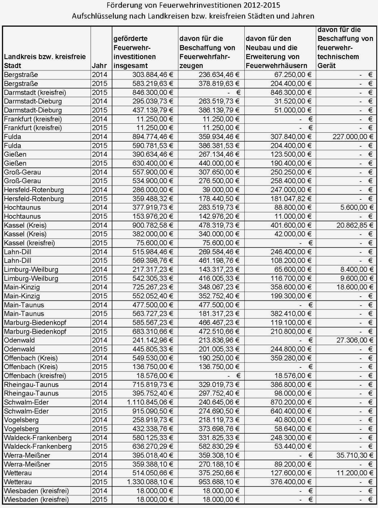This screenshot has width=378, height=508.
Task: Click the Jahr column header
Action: click(99, 66)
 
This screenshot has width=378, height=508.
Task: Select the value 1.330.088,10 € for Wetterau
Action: click(153, 482)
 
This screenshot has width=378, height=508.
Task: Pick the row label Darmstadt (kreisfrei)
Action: click(35, 92)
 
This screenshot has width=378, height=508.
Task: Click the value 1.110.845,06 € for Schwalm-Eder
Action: click(153, 402)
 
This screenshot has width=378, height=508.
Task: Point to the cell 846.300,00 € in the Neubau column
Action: click(291, 92)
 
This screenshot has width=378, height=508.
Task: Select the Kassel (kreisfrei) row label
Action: click(34, 243)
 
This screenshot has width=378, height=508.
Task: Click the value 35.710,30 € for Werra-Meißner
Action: click(355, 455)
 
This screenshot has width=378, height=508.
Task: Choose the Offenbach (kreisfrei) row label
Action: click(35, 376)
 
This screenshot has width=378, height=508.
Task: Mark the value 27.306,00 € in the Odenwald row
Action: click(355, 340)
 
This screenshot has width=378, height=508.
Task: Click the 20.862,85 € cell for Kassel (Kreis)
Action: click(355, 225)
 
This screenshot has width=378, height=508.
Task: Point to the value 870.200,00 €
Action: click(291, 402)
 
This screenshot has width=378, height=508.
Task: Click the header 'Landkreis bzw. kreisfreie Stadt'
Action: click(45, 61)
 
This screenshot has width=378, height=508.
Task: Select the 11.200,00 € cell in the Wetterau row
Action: click(355, 473)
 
